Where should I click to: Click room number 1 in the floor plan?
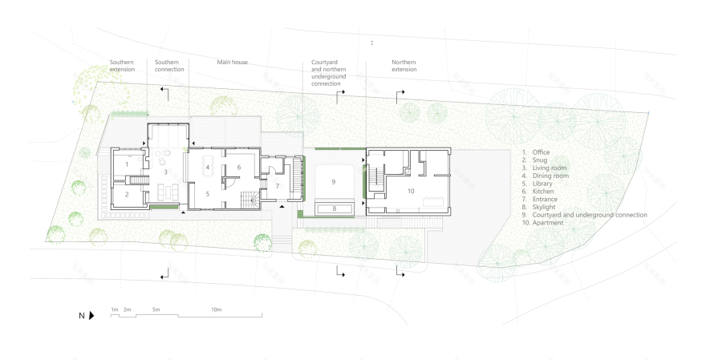[127, 164]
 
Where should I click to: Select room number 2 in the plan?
[127, 194]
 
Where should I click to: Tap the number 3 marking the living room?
[165, 172]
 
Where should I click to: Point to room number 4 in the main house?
[208, 167]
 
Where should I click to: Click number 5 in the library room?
[208, 193]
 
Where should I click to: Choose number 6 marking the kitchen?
[239, 167]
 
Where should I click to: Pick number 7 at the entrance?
[278, 186]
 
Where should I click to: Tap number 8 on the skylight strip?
[335, 208]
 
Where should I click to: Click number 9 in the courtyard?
[333, 182]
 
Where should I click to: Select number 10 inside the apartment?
[410, 191]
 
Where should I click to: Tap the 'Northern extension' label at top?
[404, 66]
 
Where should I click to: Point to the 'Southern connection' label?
[169, 66]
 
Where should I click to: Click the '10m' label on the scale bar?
[217, 309]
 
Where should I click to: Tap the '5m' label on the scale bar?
[156, 309]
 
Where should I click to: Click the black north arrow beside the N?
[91, 316]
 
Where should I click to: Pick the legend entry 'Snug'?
[538, 160]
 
